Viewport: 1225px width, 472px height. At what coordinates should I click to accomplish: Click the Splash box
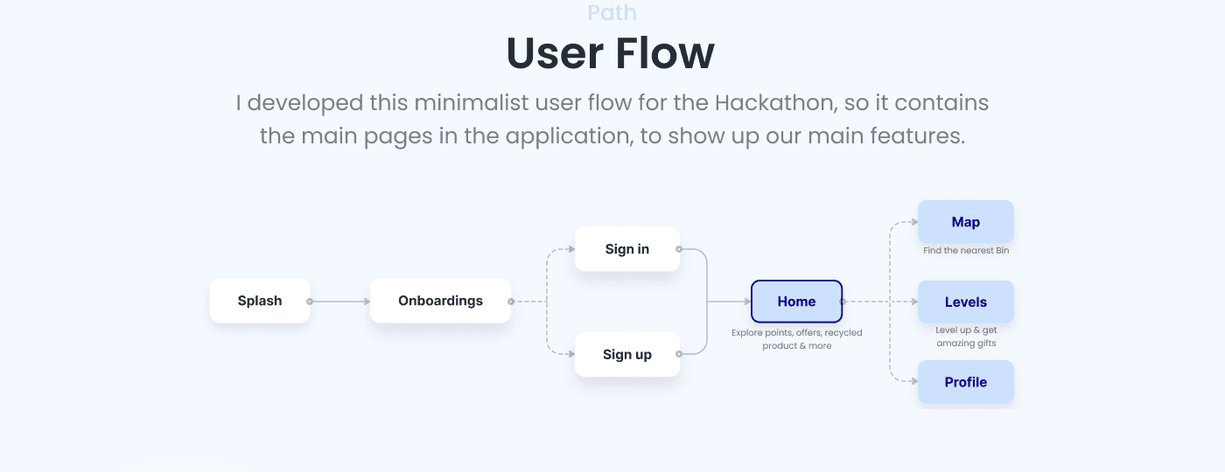[x=260, y=301]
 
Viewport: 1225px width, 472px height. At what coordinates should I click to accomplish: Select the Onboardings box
[x=440, y=301]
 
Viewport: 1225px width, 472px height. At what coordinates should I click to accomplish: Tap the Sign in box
[x=626, y=249]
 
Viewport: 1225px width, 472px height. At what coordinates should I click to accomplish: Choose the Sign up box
[x=626, y=355]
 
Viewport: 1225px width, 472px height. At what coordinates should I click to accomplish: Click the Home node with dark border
[x=796, y=302]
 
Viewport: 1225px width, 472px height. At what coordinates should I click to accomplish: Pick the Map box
[x=965, y=222]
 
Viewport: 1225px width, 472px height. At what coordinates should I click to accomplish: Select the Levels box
[x=965, y=302]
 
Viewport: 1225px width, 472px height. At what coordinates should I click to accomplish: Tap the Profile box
[x=965, y=382]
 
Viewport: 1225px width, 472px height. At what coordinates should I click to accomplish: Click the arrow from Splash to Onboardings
[x=340, y=302]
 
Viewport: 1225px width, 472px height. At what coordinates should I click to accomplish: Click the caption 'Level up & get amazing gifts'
[x=966, y=337]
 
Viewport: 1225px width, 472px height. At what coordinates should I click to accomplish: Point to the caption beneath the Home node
[x=796, y=339]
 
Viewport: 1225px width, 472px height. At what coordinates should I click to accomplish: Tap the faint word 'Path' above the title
[x=612, y=13]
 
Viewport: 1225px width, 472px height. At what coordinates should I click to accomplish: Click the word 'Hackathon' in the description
[x=773, y=103]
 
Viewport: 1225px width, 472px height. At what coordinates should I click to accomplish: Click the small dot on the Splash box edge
[x=309, y=302]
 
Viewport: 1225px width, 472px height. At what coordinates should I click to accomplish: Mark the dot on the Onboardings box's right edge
[x=511, y=302]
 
